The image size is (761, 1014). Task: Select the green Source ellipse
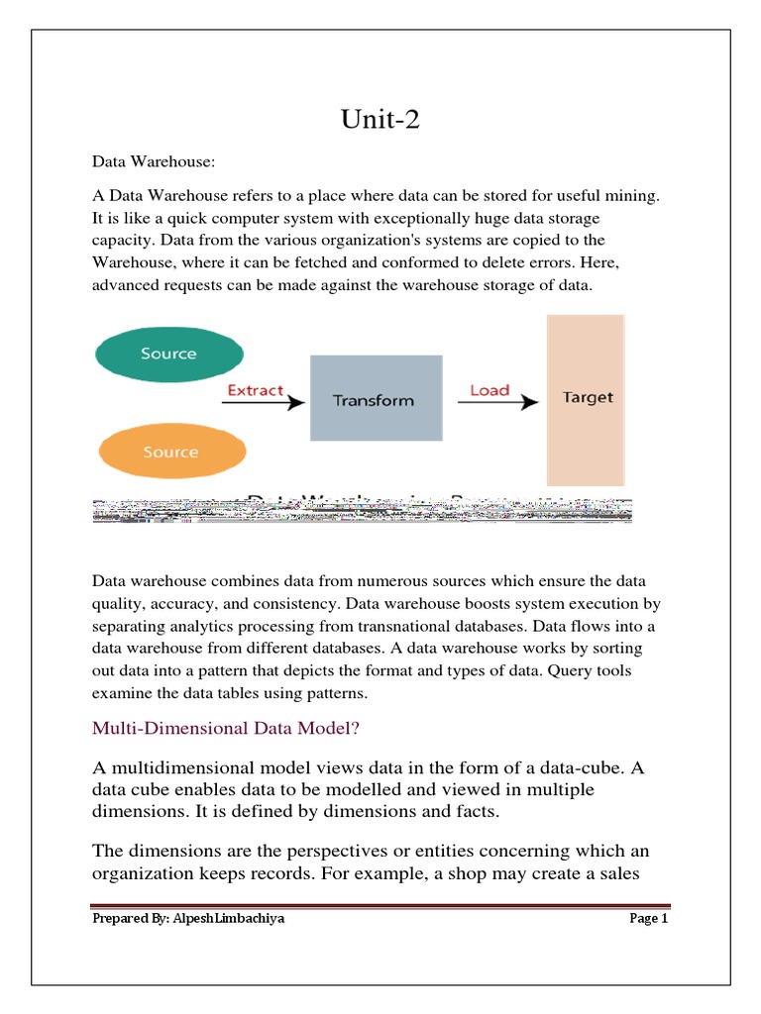tap(168, 354)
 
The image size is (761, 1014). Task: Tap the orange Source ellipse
tap(170, 453)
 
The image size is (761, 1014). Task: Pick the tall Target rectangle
tap(587, 399)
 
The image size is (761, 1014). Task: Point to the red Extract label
tap(256, 390)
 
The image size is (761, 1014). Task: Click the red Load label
tap(489, 390)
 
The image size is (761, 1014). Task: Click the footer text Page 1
tap(649, 919)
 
